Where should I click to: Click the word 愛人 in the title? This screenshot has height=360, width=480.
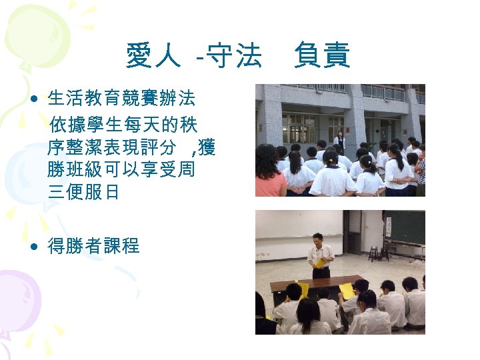tap(153, 57)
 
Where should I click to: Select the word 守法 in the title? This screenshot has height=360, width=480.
tap(234, 57)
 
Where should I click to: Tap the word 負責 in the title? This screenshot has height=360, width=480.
tap(323, 57)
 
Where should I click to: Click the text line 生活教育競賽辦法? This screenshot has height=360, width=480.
tap(121, 100)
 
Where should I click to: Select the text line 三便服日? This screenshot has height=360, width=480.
tap(84, 193)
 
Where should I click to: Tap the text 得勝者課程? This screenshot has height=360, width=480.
tap(93, 247)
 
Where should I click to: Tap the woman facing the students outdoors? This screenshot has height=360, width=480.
tap(339, 139)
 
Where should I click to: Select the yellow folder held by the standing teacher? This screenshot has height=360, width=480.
tap(321, 262)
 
